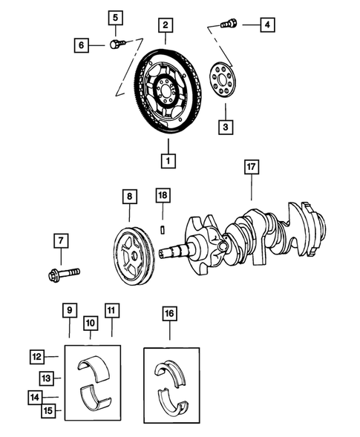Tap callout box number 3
point(223,128)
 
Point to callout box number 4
point(266,25)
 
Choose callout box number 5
point(115,17)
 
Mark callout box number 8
point(130,197)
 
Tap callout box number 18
point(163,195)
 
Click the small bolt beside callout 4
point(230,24)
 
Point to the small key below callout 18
point(163,228)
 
